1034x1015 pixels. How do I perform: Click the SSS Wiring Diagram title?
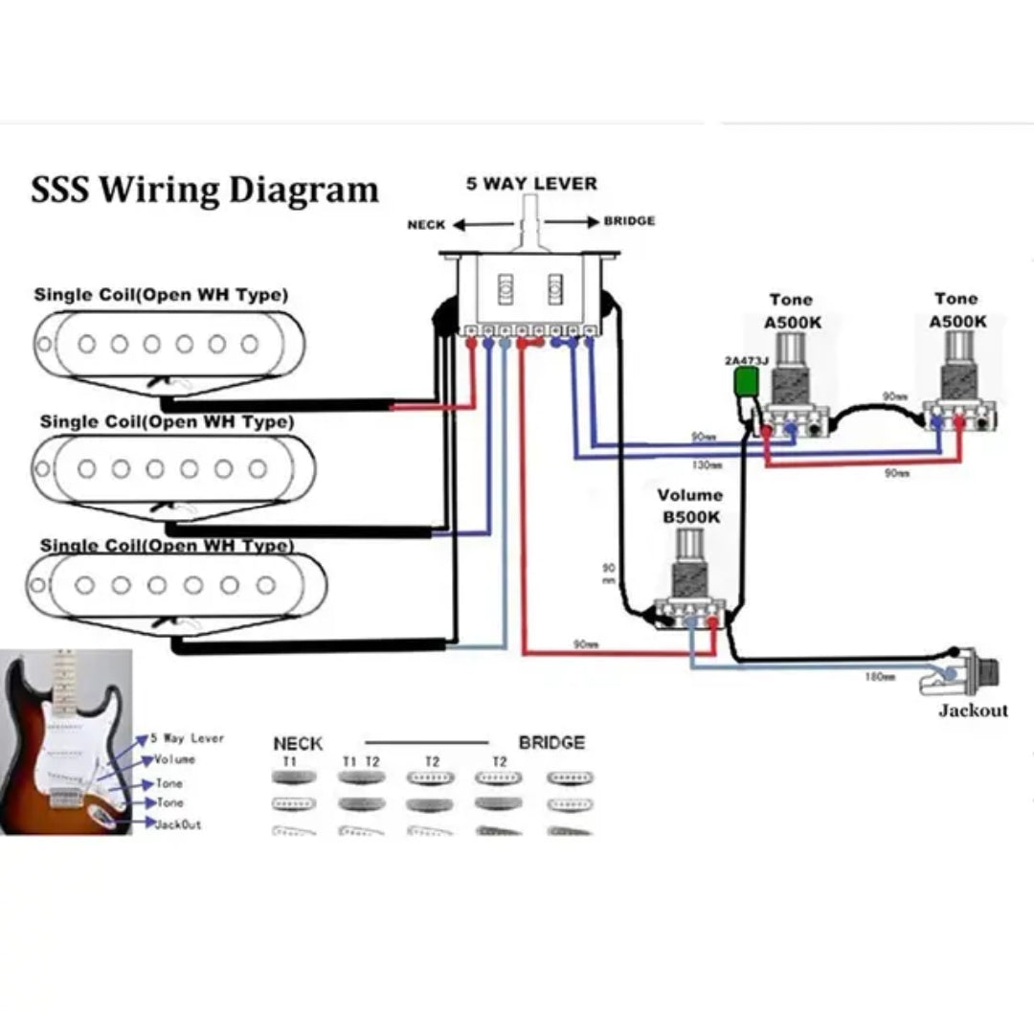[204, 189]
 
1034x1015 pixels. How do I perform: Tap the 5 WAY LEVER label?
[531, 183]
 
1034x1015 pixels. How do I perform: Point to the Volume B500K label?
[689, 505]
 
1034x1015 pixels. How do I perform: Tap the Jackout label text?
[973, 710]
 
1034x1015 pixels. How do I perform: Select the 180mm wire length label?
[880, 677]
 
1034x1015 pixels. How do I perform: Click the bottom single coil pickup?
[176, 586]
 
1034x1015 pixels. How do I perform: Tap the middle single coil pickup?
[174, 469]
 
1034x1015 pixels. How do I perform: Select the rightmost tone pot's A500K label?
[956, 322]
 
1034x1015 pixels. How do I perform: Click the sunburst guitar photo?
[65, 742]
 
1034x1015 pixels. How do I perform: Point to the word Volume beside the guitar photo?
[174, 759]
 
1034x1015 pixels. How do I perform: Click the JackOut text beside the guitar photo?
[178, 824]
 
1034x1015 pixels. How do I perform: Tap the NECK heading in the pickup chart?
[298, 743]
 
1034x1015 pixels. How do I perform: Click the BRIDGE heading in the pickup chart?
[551, 743]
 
